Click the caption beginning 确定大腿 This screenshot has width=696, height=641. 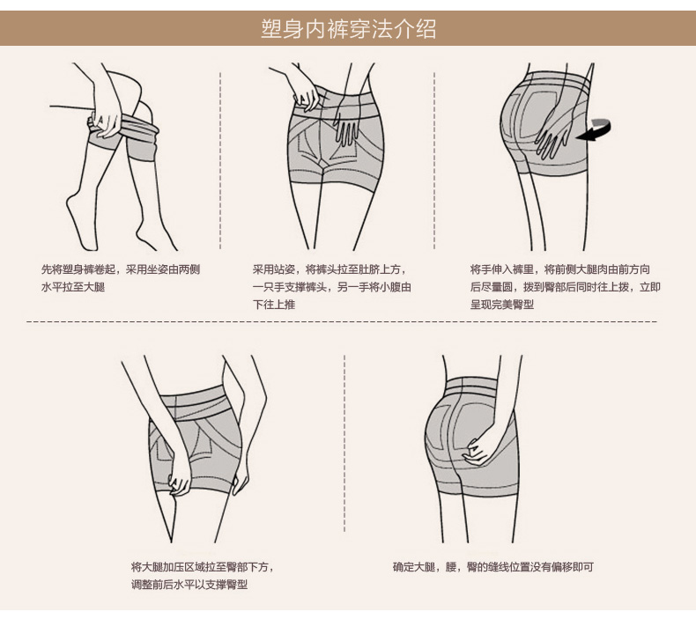492,567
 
